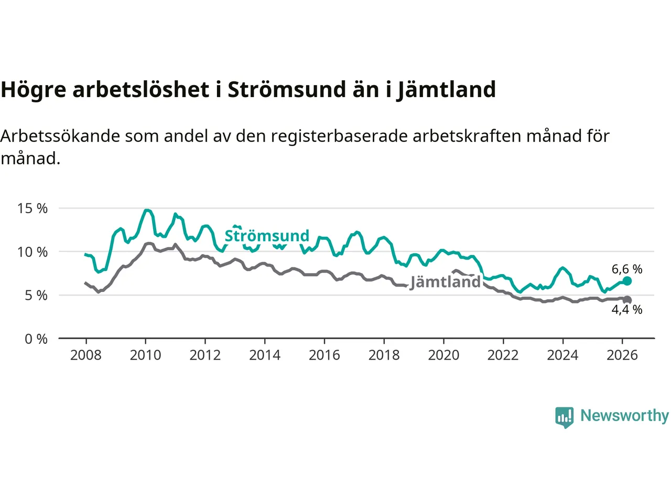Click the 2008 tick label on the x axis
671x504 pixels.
coord(86,355)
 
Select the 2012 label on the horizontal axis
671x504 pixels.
coord(205,355)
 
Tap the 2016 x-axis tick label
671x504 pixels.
coord(324,355)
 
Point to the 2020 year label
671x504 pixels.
coord(443,355)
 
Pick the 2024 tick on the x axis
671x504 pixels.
coord(562,355)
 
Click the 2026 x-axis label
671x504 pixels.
coord(622,355)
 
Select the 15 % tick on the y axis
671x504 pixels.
coord(33,208)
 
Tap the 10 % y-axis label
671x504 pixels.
coord(33,252)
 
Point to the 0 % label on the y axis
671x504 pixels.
coord(36,339)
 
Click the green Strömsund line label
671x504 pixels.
coord(267,236)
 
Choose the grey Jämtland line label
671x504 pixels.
coord(446,282)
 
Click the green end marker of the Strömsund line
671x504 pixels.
coord(627,281)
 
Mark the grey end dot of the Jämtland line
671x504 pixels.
coord(627,300)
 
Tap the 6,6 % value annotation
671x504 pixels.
coord(627,269)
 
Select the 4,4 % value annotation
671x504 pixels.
coord(627,310)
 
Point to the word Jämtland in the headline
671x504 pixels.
coord(446,90)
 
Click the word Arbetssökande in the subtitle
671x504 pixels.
coord(60,136)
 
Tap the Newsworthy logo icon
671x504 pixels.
coord(564,417)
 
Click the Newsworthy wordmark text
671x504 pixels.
coord(624,416)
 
